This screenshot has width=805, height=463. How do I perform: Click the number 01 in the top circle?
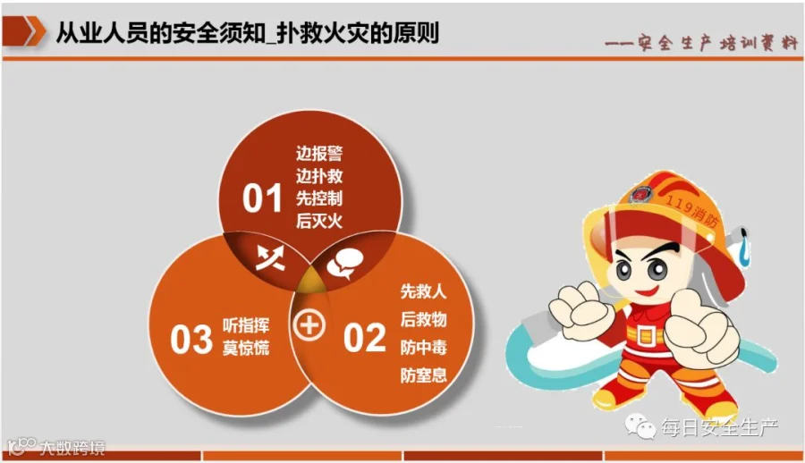click(262, 198)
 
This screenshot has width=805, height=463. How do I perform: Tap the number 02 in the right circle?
click(364, 338)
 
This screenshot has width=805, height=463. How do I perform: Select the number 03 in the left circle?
click(191, 340)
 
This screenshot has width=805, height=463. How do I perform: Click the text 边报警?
click(318, 153)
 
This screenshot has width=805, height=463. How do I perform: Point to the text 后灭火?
click(318, 221)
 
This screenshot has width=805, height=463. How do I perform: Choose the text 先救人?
click(424, 291)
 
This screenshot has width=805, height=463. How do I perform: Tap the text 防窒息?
click(424, 375)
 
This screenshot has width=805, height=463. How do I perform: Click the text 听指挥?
click(246, 325)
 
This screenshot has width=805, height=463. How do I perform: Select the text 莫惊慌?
click(246, 348)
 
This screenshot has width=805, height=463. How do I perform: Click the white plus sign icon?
click(309, 325)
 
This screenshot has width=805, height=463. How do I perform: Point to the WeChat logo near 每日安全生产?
click(640, 426)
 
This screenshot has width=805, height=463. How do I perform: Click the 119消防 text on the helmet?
click(692, 210)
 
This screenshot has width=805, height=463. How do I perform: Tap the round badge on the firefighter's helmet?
click(640, 195)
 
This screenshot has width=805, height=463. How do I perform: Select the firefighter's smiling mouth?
click(647, 292)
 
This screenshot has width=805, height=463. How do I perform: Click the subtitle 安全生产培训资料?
click(717, 43)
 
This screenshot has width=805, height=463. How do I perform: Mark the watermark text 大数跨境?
click(72, 448)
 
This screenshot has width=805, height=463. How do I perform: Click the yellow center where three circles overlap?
click(310, 281)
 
